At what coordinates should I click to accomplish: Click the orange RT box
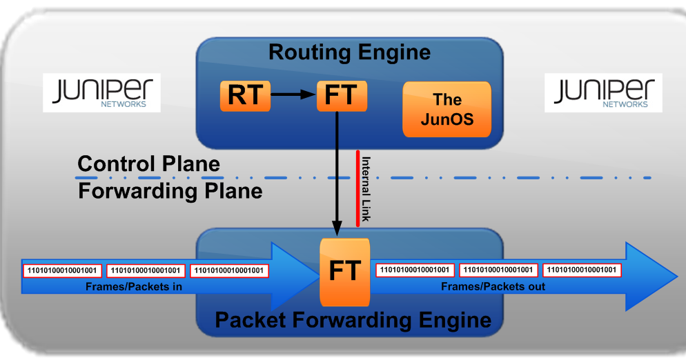click(245, 96)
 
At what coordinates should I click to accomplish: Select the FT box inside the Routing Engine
click(342, 96)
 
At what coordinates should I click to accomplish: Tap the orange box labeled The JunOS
click(447, 109)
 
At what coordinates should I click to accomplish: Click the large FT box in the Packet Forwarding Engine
click(344, 271)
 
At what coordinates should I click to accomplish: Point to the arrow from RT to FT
click(293, 96)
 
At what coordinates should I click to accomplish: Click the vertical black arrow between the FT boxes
click(337, 172)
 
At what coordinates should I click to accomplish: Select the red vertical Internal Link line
click(357, 188)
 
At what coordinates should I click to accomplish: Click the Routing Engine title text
click(349, 52)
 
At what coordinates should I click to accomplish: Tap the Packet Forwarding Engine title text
click(353, 320)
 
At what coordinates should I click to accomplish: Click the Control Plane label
click(148, 164)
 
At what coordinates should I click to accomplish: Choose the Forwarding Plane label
click(170, 190)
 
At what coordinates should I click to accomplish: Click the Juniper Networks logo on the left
click(101, 92)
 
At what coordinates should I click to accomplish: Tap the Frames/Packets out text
click(493, 286)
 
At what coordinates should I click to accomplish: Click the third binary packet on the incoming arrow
click(230, 270)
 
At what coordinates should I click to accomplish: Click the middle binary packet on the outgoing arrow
click(498, 270)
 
